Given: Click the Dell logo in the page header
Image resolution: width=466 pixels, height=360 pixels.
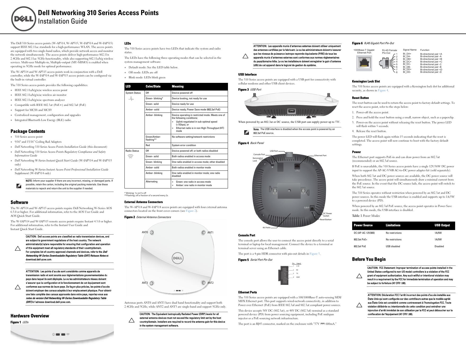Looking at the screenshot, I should (x=24, y=19).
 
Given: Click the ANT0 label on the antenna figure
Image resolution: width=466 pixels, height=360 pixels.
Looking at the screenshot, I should (x=145, y=232).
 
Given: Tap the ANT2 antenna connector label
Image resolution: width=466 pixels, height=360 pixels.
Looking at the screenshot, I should (x=210, y=283).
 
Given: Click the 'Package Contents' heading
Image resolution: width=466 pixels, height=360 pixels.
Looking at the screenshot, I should (x=28, y=131).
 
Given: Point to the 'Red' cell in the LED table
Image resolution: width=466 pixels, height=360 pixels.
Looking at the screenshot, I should (x=148, y=145).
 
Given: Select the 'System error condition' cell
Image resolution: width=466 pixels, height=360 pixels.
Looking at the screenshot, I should (x=184, y=145).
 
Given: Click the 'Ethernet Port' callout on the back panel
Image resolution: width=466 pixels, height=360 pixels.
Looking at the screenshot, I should (x=320, y=156).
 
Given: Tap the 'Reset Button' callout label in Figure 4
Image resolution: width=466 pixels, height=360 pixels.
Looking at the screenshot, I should (x=325, y=219).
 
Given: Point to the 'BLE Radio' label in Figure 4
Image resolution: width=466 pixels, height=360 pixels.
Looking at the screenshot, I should (x=267, y=228).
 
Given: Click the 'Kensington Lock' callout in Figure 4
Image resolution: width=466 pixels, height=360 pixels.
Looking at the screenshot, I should (x=258, y=159).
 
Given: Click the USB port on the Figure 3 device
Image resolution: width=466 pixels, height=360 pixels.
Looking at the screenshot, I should (x=291, y=111).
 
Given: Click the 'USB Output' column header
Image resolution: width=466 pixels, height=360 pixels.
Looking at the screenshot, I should (x=442, y=226).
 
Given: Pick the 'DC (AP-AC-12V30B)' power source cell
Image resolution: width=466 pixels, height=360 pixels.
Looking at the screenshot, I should (x=364, y=233).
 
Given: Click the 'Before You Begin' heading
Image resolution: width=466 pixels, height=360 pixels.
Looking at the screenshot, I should (x=369, y=259).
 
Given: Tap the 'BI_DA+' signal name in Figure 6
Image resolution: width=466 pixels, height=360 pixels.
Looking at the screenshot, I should (x=407, y=54).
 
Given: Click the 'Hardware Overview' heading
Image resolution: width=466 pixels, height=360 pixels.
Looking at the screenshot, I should (x=30, y=316).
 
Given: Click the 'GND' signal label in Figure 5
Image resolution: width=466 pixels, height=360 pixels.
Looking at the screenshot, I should (x=298, y=277).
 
